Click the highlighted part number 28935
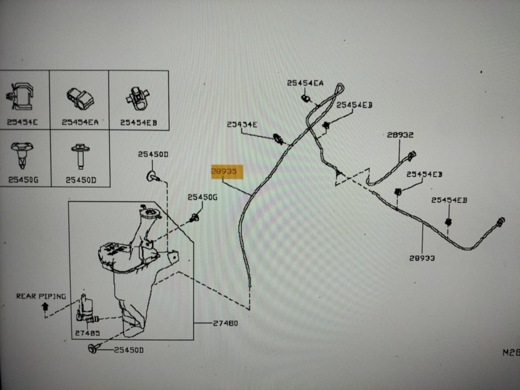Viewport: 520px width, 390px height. [226, 171]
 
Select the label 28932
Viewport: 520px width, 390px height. [400, 135]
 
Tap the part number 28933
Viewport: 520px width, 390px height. [422, 258]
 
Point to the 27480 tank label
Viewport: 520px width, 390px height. [225, 323]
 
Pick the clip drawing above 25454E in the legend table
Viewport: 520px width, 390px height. [22, 97]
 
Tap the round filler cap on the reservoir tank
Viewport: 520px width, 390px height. [148, 215]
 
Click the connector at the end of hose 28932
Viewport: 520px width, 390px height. [410, 155]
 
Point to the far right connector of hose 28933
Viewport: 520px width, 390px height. [500, 221]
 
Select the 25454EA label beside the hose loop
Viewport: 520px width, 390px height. [305, 83]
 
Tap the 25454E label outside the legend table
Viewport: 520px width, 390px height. [242, 124]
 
